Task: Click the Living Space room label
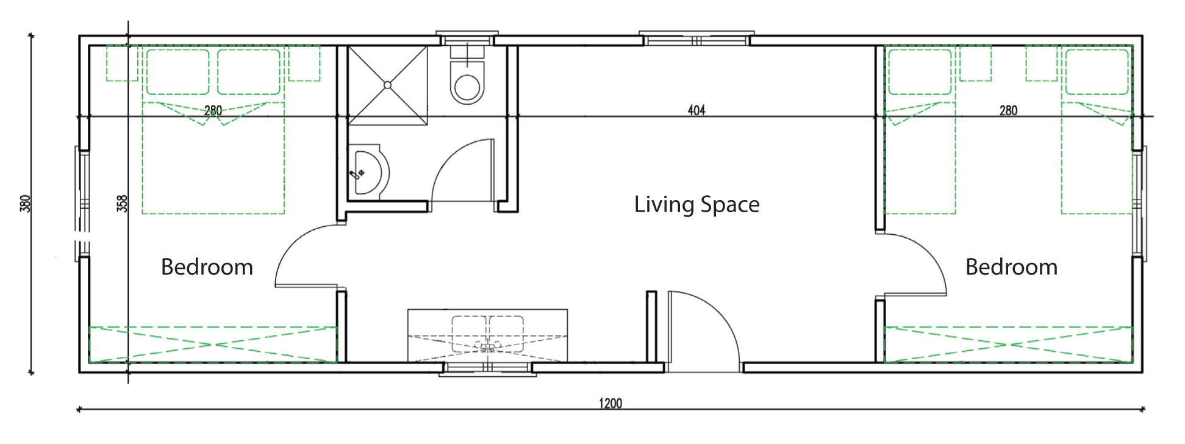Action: point(696,204)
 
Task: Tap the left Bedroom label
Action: point(207,267)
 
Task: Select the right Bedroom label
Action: point(1011,267)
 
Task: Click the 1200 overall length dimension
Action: point(610,403)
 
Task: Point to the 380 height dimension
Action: point(25,203)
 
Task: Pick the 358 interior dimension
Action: point(122,203)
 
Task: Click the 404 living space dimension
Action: point(696,110)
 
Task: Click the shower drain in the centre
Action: point(387,85)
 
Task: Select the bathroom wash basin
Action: point(368,173)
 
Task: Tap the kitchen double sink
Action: point(488,334)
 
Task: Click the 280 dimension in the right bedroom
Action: point(1008,110)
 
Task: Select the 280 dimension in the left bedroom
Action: point(213,110)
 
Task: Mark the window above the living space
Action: point(696,38)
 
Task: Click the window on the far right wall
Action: point(1139,204)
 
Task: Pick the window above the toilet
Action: point(467,38)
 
